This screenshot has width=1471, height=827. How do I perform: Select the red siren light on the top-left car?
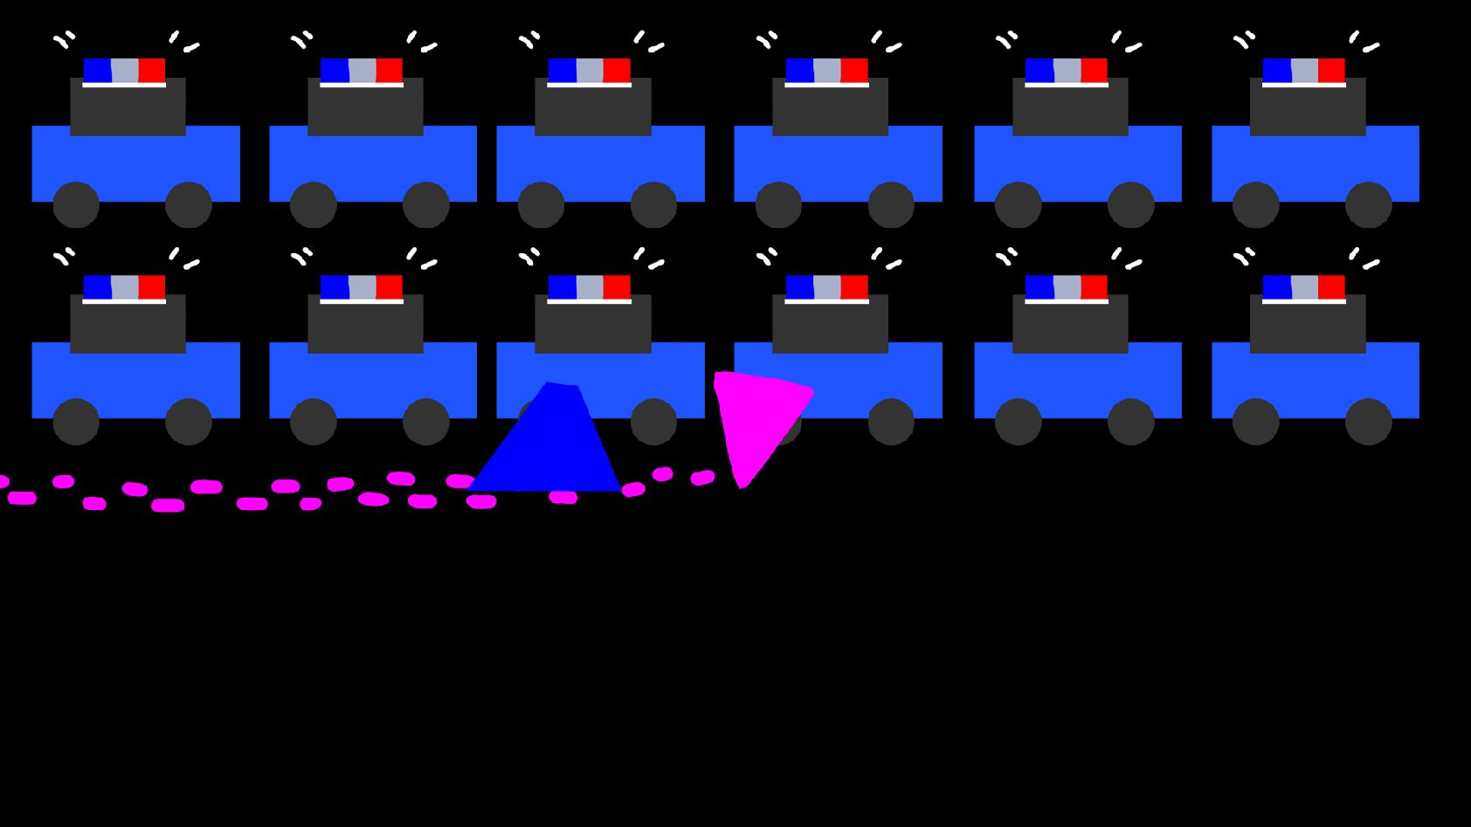pos(152,71)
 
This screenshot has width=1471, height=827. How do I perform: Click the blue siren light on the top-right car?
pos(1276,71)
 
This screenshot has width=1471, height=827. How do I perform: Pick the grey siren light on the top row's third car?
pos(590,71)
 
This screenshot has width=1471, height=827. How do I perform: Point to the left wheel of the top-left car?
pos(76,205)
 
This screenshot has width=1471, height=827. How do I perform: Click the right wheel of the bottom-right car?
pos(1368,422)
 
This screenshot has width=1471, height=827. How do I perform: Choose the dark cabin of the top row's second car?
pos(365,107)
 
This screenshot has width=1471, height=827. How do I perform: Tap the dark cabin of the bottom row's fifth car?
pos(1070,324)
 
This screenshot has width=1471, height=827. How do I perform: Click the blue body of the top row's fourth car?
pos(838,166)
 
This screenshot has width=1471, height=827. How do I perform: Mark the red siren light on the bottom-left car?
pos(152,287)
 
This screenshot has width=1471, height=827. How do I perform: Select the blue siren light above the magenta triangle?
pos(799,287)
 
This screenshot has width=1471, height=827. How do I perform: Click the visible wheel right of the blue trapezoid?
pos(653,422)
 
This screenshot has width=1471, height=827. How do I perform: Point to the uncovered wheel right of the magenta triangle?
pos(891,422)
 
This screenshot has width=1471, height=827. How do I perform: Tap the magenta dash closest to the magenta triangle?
pos(702,478)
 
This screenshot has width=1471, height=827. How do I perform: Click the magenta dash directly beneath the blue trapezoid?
pos(563,498)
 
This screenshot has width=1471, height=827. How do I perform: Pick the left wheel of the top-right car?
pos(1255,205)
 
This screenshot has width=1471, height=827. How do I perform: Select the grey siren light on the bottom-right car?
pos(1304,287)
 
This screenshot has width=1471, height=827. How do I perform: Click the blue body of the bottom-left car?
pos(135,380)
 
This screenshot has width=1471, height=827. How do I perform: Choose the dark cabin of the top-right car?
pos(1308,107)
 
